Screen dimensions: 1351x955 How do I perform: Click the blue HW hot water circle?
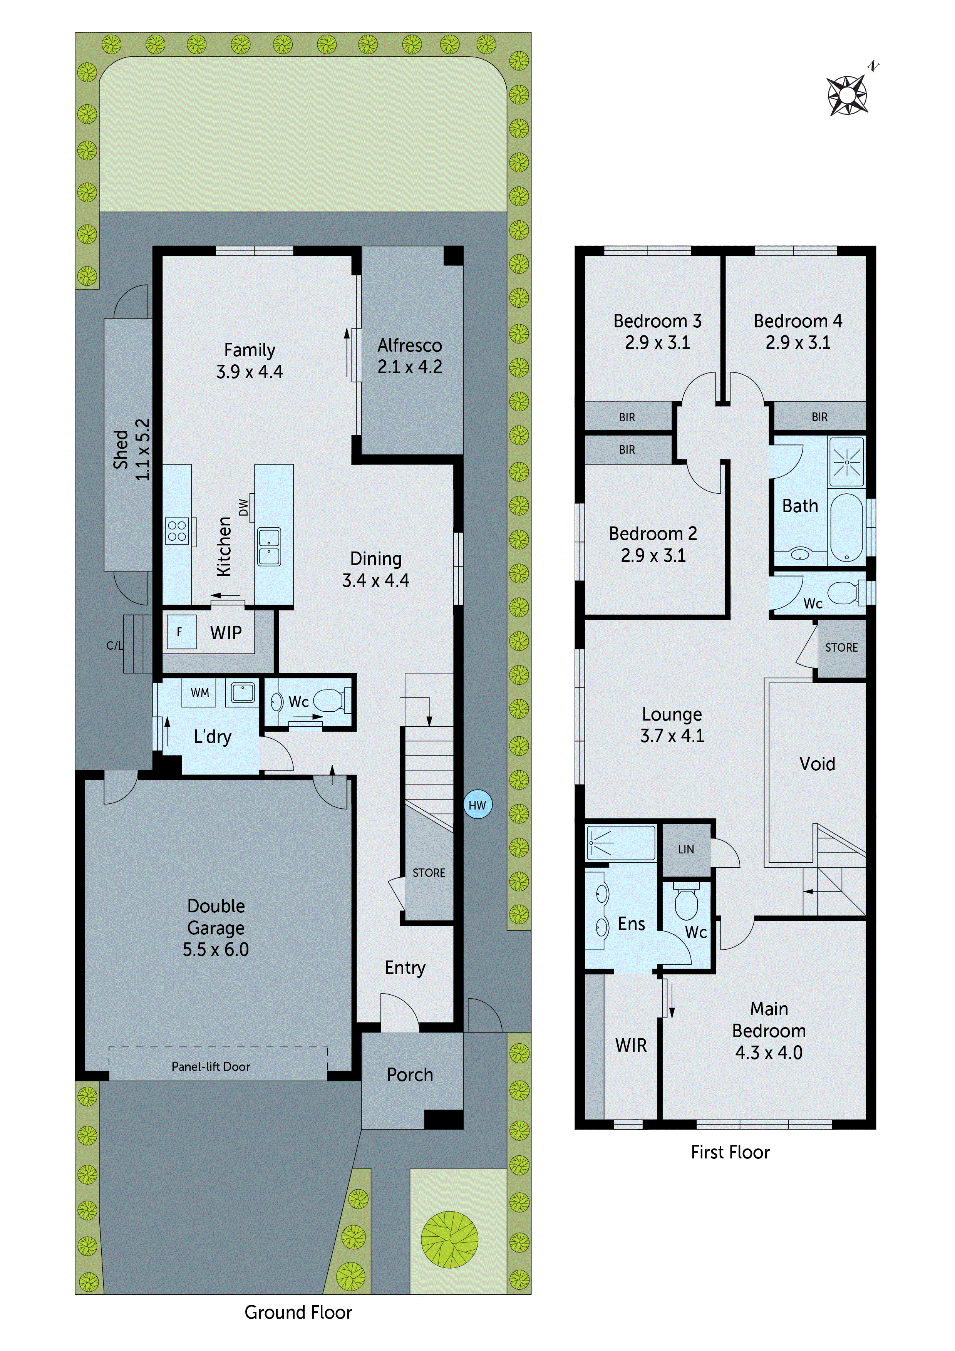[477, 805]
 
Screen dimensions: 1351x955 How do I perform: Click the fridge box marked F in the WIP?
[180, 632]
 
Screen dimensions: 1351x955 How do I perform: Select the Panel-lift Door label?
[211, 1067]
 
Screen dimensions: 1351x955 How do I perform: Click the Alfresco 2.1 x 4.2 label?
[410, 356]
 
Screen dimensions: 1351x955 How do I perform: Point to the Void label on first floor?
[817, 764]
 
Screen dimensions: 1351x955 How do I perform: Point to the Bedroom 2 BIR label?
[627, 449]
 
